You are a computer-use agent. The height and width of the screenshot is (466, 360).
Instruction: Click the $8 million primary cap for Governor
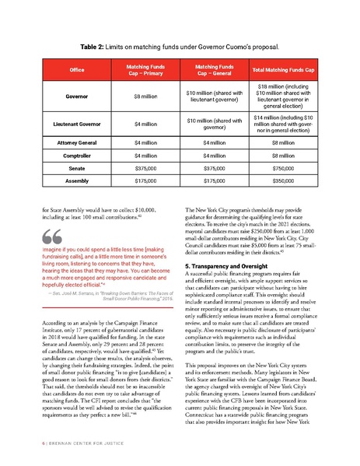tap(138, 99)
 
